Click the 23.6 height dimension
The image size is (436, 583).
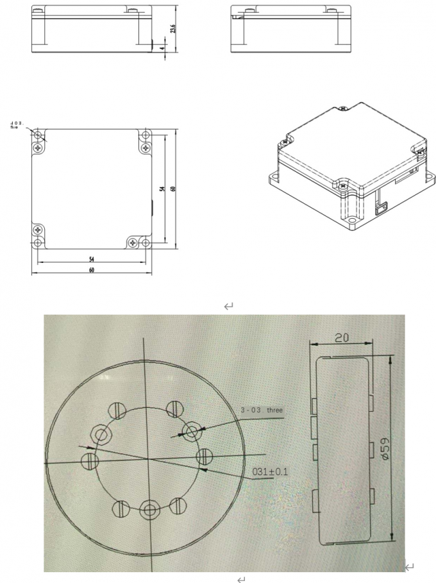[172, 30]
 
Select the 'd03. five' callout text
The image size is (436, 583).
[17, 124]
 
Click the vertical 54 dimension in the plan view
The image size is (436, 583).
[163, 188]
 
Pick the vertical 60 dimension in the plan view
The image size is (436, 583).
[173, 188]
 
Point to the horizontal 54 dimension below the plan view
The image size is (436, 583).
[92, 258]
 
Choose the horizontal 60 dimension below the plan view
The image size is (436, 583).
[92, 271]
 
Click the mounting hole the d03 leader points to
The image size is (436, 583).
[38, 136]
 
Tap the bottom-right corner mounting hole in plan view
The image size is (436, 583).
[146, 242]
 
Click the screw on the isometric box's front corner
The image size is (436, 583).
[343, 185]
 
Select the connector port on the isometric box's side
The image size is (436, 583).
[383, 207]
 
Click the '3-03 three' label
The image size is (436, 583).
[261, 410]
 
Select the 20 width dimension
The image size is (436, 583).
[342, 336]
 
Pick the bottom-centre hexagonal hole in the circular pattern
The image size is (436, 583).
[149, 511]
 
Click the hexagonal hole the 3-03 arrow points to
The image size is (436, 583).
[191, 428]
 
